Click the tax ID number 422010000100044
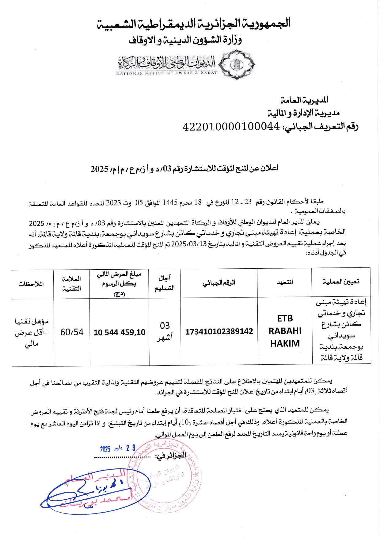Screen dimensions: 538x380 tap(231, 126)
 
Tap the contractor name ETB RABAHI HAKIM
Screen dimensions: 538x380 tap(285, 331)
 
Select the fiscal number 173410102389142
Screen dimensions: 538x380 tap(219, 331)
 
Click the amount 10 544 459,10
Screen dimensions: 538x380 tap(120, 332)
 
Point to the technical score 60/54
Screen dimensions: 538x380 tap(72, 332)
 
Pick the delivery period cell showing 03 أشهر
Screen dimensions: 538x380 tap(165, 331)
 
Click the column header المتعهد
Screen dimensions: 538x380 tap(285, 282)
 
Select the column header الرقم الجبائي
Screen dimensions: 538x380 tap(219, 282)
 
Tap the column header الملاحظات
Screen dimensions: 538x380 tap(31, 284)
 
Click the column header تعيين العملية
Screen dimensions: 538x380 tap(341, 282)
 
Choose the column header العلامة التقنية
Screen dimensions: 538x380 tap(71, 283)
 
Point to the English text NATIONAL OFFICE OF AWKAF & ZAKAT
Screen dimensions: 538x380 tap(167, 73)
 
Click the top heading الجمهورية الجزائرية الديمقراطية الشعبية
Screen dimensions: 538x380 tap(194, 24)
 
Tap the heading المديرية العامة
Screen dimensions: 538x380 tap(304, 100)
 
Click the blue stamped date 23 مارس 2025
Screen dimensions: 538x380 tap(118, 448)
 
